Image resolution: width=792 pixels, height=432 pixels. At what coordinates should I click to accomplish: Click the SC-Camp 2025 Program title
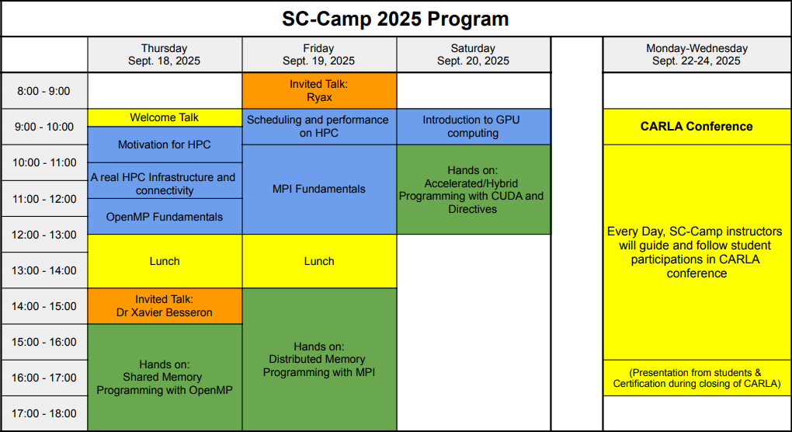395,19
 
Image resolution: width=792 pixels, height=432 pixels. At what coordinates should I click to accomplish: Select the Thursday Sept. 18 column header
164,54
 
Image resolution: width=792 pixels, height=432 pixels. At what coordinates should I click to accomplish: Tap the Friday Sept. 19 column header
318,54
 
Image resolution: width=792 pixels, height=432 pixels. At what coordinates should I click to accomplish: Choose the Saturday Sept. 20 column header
473,54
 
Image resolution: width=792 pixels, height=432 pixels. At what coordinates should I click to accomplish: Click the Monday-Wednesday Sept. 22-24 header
696,54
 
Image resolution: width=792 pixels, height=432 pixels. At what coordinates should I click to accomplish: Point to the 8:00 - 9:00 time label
43,91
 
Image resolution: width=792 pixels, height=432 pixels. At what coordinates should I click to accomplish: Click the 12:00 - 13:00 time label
43,235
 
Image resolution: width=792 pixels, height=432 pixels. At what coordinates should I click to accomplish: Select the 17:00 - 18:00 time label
43,413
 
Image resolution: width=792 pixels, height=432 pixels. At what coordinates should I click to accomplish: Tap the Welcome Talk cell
164,117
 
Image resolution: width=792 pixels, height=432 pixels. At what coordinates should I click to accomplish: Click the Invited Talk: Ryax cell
318,90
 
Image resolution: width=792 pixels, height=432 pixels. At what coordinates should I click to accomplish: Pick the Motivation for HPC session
164,145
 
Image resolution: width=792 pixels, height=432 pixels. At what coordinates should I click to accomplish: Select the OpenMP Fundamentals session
164,217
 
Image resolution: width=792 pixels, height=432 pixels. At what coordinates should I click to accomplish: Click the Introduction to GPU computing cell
473,127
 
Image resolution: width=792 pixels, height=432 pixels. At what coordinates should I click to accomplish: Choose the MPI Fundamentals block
318,189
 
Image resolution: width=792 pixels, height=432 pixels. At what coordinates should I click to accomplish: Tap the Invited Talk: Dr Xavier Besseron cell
164,306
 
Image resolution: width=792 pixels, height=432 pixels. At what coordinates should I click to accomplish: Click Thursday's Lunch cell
164,261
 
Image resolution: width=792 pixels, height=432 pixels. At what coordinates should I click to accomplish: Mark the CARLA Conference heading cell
696,127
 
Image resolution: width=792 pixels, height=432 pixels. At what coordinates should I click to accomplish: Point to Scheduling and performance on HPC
318,127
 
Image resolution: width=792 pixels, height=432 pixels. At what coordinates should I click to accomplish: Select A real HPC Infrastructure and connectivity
164,183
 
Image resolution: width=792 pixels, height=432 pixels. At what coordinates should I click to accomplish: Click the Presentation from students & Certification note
696,378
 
